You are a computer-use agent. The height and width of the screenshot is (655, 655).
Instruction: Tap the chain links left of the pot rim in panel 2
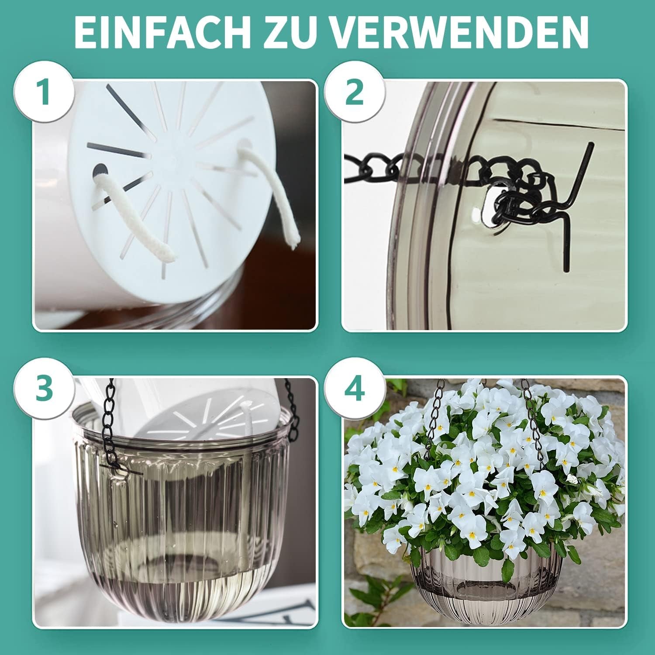[376, 168]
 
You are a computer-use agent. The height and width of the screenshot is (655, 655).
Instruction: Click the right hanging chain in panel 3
[293, 410]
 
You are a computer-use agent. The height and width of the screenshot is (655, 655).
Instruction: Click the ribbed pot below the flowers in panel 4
[485, 585]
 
